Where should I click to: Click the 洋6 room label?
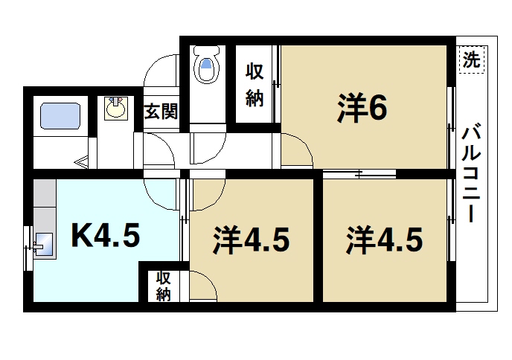point(362,110)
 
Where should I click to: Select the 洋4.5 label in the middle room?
point(251,240)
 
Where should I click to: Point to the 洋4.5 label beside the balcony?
point(385,240)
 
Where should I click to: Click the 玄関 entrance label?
point(160,112)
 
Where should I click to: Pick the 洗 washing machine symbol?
point(470,57)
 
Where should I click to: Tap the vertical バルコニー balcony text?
point(470,175)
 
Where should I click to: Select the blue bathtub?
point(60,117)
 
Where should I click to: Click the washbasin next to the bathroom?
point(115,110)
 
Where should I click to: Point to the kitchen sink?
point(42,244)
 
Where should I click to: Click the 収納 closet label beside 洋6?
point(255,86)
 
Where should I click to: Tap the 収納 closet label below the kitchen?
point(163,286)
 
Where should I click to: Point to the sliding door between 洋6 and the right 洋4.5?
point(359,176)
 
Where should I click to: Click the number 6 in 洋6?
point(377,110)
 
